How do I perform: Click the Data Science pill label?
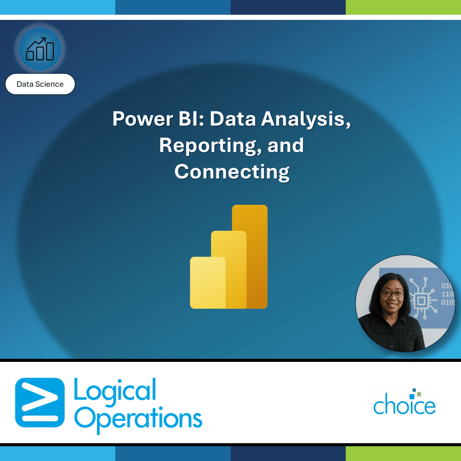[x=40, y=84]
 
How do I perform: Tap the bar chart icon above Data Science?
[x=40, y=49]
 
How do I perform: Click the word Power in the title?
[x=142, y=119]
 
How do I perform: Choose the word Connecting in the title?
[x=232, y=172]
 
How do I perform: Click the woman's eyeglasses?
[x=392, y=294]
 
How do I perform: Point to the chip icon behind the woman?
[x=421, y=300]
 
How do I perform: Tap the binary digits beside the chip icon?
[x=447, y=294]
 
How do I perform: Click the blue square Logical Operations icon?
[x=40, y=403]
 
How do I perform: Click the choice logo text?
[x=404, y=406]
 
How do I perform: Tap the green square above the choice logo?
[x=419, y=394]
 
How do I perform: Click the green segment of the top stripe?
[x=403, y=7]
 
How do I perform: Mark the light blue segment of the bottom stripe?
[x=58, y=454]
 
